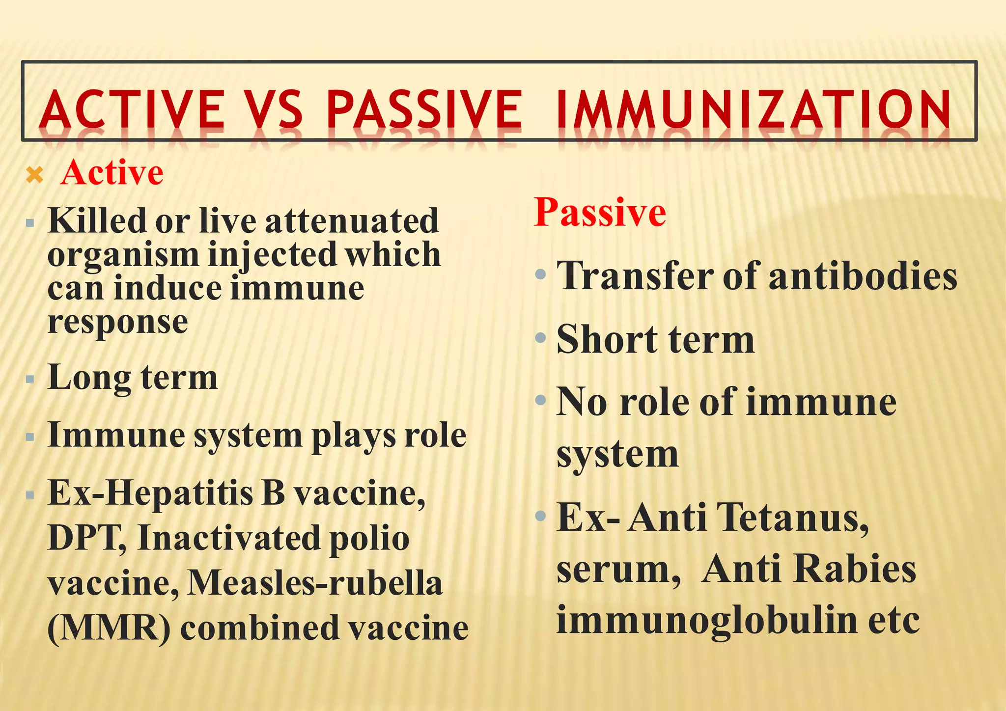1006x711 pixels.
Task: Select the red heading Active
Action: (112, 173)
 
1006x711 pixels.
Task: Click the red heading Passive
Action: (600, 212)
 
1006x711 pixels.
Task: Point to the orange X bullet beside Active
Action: (35, 175)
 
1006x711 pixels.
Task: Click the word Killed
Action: (97, 220)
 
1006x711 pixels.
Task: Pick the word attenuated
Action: (352, 221)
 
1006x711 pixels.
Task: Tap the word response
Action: (118, 322)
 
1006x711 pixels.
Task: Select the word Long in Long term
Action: (88, 379)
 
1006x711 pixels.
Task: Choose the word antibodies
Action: (863, 276)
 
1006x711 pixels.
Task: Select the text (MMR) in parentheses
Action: (109, 629)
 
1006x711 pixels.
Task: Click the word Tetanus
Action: (792, 518)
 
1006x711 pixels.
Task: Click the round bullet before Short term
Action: (541, 337)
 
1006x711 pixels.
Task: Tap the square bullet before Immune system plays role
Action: (30, 437)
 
